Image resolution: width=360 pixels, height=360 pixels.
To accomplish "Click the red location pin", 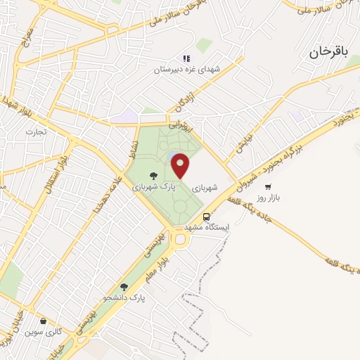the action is [x=181, y=165].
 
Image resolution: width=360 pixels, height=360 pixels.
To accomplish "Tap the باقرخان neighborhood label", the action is [x=328, y=51].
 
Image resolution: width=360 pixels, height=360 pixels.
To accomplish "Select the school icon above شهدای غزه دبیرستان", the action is [x=186, y=59].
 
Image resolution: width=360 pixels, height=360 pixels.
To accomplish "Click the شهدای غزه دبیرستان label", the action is [x=188, y=70].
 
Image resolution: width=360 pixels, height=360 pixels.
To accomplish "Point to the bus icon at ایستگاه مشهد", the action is [x=207, y=217].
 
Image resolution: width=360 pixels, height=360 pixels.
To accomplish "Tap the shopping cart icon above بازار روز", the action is [x=269, y=186].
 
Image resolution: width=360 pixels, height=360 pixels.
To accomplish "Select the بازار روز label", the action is [x=267, y=198].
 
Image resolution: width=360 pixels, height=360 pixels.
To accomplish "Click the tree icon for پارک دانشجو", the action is [x=124, y=286].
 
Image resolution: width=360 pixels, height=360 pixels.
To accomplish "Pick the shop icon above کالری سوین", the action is [x=45, y=321].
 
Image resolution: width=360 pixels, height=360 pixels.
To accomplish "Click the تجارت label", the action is [x=35, y=131].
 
